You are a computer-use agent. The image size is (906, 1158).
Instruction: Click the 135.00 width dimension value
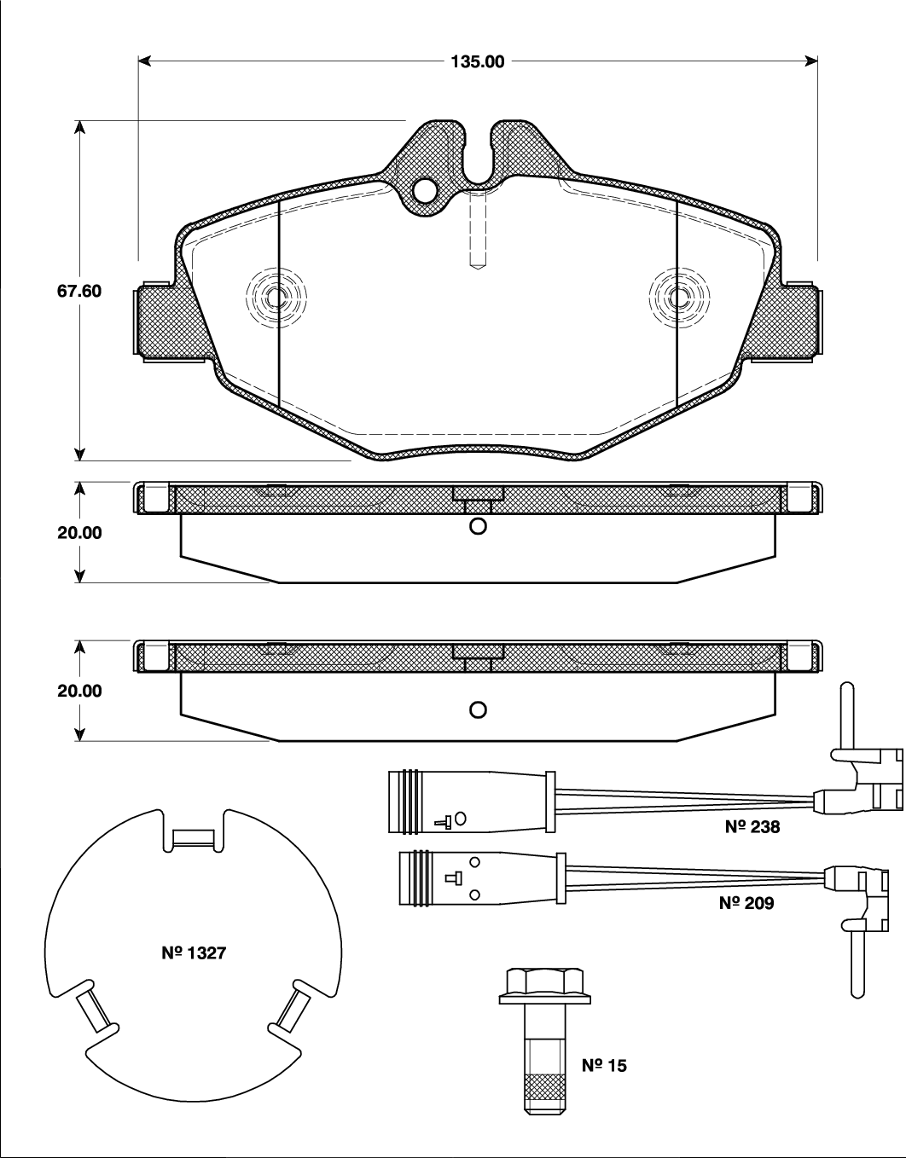[478, 61]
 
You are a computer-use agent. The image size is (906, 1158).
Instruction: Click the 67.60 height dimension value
[79, 291]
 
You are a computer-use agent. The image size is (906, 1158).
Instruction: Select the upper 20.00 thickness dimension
[79, 532]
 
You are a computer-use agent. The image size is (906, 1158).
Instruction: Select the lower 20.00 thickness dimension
[79, 691]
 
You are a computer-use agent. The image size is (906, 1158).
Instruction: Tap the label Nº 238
[752, 826]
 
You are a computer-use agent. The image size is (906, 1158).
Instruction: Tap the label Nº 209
[746, 903]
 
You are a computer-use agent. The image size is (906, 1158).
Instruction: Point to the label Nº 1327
[194, 952]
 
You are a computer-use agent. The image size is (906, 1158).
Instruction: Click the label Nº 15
[604, 1065]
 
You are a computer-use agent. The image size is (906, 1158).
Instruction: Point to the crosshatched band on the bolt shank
[543, 1088]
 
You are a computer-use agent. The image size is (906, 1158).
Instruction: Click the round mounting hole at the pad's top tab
[424, 189]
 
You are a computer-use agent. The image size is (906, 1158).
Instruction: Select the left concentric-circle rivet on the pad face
[276, 298]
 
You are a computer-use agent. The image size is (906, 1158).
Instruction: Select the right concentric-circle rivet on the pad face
[678, 298]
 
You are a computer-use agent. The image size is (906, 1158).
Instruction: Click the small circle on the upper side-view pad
[478, 526]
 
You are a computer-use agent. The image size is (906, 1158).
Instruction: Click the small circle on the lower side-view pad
[478, 709]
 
